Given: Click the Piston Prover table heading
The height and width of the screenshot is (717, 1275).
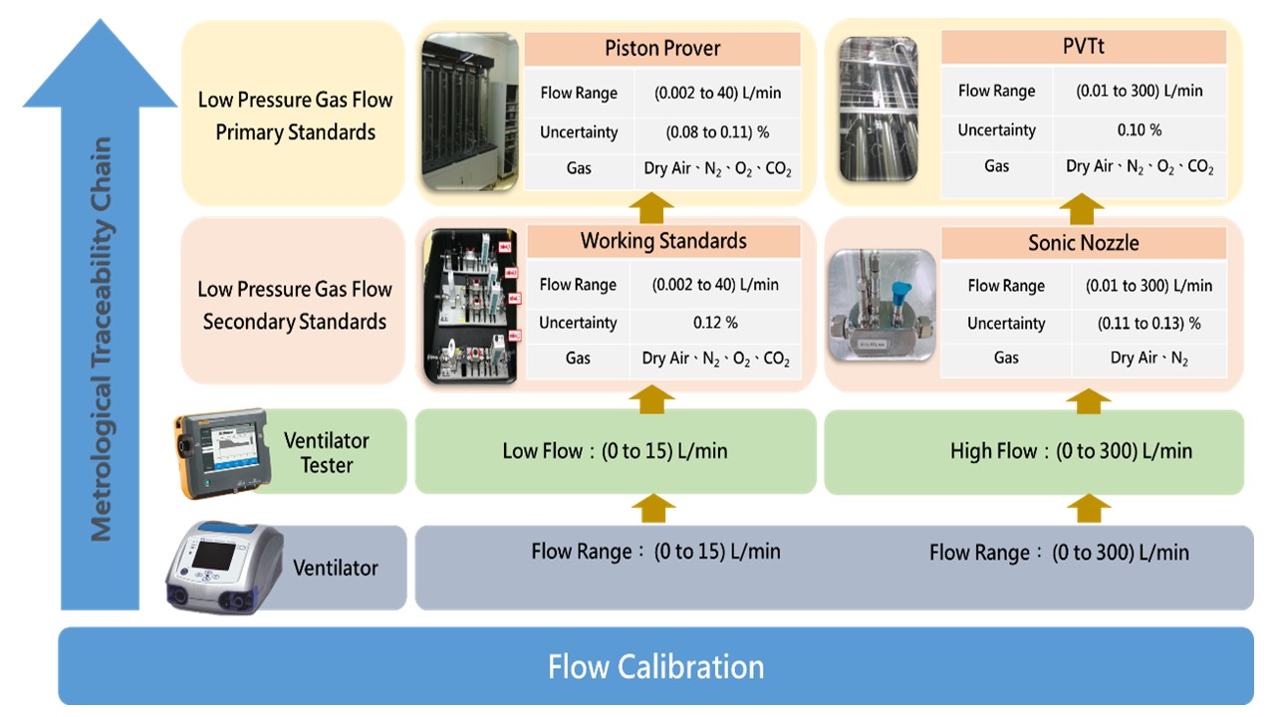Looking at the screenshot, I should [x=662, y=49].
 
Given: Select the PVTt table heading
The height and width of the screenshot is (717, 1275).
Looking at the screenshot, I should [x=1083, y=47].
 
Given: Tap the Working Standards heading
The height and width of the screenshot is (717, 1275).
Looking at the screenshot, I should [x=663, y=241].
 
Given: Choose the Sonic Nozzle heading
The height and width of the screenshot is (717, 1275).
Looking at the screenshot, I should [x=1083, y=243].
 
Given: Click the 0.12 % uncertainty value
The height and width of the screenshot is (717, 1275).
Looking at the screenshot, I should [x=715, y=323].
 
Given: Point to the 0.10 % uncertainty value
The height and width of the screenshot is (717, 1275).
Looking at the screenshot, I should [x=1139, y=130].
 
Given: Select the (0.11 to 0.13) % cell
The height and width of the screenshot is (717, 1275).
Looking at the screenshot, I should [x=1148, y=324].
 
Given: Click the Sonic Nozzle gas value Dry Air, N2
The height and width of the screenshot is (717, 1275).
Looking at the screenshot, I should [x=1148, y=358].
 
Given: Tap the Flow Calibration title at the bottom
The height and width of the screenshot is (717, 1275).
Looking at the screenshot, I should [x=655, y=666].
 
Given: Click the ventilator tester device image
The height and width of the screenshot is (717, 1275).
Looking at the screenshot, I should [x=221, y=453].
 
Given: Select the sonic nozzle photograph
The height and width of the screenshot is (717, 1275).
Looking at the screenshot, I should [x=883, y=305].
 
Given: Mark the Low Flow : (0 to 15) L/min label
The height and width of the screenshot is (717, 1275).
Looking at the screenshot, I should [x=615, y=451].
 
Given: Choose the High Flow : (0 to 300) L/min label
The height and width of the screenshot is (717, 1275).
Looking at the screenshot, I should [x=1071, y=451].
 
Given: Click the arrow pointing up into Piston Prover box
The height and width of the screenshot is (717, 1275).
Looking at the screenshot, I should [x=652, y=207].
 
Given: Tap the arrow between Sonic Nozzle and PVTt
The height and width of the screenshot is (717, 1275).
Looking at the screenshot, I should [x=1083, y=207].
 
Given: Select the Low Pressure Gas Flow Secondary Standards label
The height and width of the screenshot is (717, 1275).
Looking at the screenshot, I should [x=295, y=305].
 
